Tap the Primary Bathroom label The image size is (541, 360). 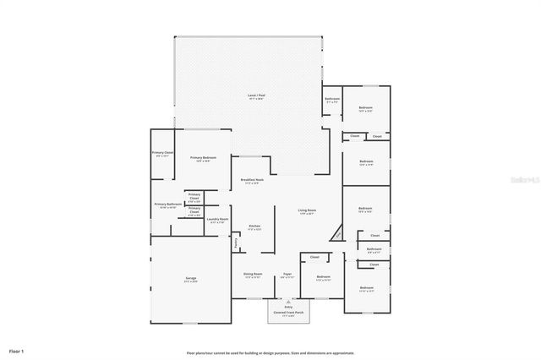coord(168,205)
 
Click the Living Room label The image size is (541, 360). coord(306,210)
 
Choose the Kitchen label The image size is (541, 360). coord(254,226)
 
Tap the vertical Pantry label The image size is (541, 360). coord(236,243)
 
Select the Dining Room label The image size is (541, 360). coord(253,274)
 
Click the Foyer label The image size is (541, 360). coord(287,274)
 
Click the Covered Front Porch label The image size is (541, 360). coord(289,313)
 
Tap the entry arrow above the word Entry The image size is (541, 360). coord(289,301)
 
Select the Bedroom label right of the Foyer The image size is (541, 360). coord(323,277)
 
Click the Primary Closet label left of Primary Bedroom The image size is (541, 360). coord(162,153)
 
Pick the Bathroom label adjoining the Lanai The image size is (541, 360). coord(332,99)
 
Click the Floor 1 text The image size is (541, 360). coord(16,350)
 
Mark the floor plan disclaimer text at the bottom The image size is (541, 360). coord(270,353)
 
